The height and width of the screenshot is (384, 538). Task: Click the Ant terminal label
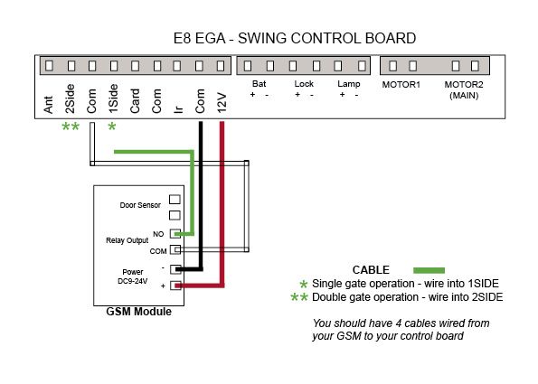point(49,104)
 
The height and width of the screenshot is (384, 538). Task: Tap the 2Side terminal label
point(70,98)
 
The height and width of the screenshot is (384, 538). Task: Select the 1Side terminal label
point(113,98)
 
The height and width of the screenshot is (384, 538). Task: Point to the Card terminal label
point(135,101)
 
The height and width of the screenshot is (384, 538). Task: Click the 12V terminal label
point(222,102)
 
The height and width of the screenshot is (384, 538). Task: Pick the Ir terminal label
point(178,109)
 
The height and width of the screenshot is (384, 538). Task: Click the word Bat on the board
point(259,84)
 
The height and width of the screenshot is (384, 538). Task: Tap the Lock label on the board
point(304,84)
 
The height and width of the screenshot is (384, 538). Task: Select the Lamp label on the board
point(349,84)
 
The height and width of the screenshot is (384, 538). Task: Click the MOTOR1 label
point(401,84)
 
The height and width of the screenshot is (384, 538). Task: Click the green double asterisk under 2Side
point(71,126)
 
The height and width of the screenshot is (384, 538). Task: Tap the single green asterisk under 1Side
point(112,126)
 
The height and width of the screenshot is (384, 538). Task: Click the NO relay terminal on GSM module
point(175,234)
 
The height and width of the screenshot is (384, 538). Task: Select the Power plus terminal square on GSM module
point(175,286)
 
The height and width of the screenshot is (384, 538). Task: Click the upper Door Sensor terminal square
point(175,199)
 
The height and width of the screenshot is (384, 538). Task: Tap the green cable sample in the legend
point(429,270)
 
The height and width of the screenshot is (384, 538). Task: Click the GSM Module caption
point(139,312)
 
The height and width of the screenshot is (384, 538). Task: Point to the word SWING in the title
point(263,38)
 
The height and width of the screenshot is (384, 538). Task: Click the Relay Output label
point(127,240)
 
